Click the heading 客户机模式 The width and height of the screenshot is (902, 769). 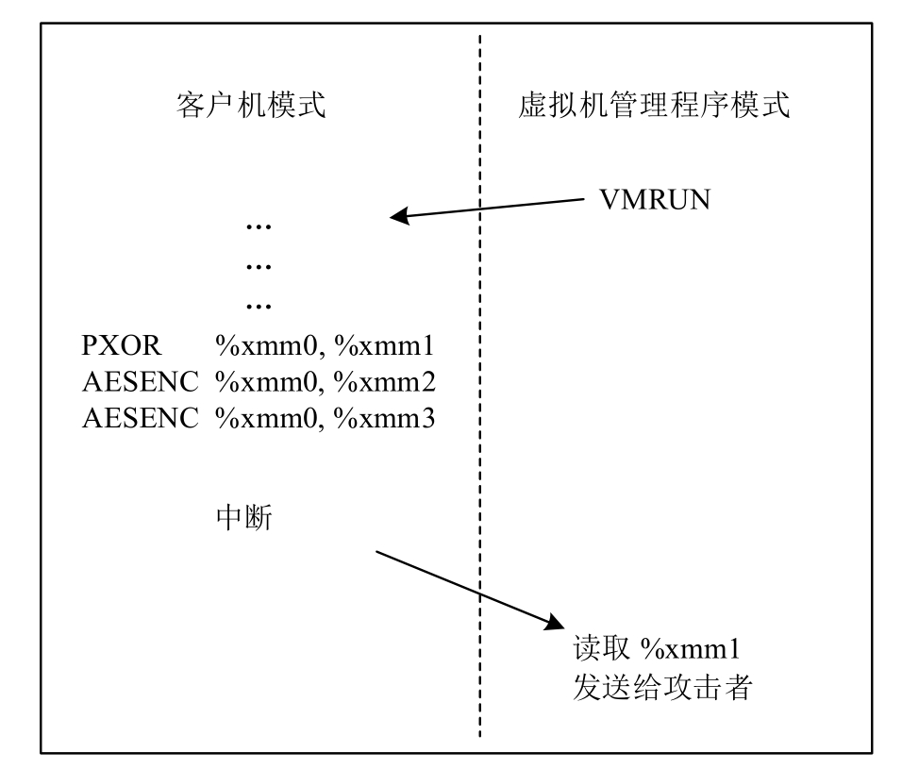pyautogui.click(x=251, y=105)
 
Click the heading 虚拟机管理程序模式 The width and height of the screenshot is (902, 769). pyautogui.click(x=654, y=105)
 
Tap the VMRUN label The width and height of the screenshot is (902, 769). pyautogui.click(x=656, y=199)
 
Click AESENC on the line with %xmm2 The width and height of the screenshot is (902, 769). pyautogui.click(x=141, y=382)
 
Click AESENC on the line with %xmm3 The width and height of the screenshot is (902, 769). pyautogui.click(x=141, y=418)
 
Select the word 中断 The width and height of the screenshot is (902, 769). pyautogui.click(x=244, y=517)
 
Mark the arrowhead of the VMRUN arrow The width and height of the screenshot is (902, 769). pyautogui.click(x=402, y=217)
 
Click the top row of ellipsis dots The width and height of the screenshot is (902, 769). pyautogui.click(x=258, y=227)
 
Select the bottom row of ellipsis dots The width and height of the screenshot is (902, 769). pyautogui.click(x=258, y=306)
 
